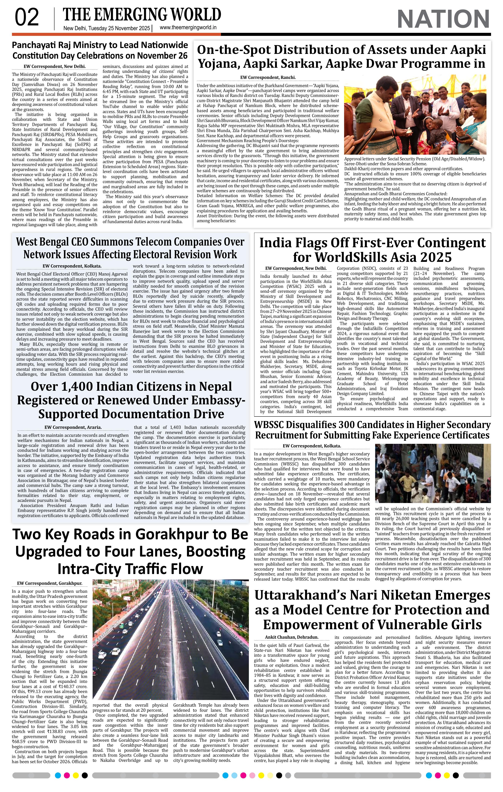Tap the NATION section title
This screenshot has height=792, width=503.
443,19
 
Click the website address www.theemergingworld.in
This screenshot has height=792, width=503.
188,28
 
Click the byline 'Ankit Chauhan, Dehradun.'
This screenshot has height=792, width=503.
292,637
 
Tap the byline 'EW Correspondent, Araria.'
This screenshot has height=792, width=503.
73,427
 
